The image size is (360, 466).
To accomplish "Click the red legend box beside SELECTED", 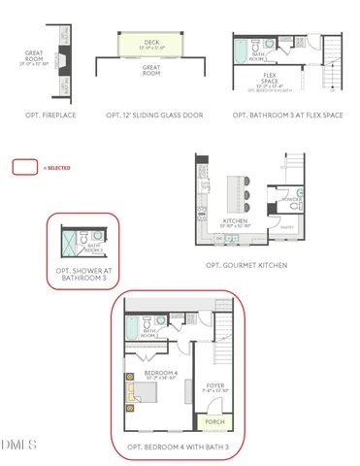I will [24, 167].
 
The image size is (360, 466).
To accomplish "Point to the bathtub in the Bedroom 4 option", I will [133, 330].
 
